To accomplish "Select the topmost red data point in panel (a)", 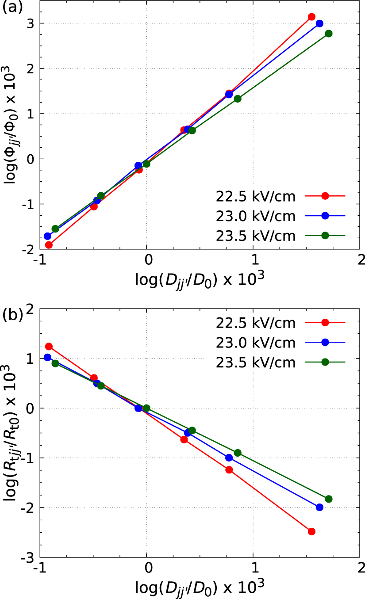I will [311, 17].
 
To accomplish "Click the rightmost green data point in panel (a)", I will [328, 34].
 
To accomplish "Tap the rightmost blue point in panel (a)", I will [319, 23].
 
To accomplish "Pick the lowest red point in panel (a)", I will [49, 245].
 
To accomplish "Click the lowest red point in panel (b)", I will [311, 531].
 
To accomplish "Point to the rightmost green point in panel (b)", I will [328, 499].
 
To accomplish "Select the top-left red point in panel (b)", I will [49, 347].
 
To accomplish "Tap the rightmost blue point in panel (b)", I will [319, 507].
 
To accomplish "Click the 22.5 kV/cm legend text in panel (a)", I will [255, 196].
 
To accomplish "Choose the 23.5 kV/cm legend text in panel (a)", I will [255, 236].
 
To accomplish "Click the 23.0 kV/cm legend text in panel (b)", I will [255, 342].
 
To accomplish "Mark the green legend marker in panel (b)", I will [325, 362].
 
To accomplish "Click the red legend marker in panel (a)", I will [325, 196].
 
